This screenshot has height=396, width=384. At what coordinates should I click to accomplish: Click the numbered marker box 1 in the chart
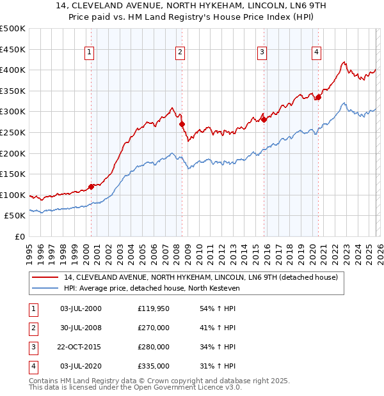click(89, 52)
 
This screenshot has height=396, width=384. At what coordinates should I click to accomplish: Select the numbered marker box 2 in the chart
click(180, 52)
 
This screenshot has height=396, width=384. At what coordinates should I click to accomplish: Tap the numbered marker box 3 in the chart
click(262, 52)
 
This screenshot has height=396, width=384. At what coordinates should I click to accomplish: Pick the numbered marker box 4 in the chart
click(316, 52)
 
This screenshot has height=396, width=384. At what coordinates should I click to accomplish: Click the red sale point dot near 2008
click(182, 124)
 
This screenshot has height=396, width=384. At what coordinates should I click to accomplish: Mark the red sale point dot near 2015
click(264, 119)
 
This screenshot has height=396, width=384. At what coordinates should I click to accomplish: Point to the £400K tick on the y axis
click(13, 70)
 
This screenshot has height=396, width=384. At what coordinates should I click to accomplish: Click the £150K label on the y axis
click(13, 174)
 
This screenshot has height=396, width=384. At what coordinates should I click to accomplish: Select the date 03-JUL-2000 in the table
click(81, 308)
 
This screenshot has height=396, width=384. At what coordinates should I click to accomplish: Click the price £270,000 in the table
click(154, 328)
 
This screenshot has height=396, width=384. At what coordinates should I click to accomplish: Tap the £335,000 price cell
click(154, 366)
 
